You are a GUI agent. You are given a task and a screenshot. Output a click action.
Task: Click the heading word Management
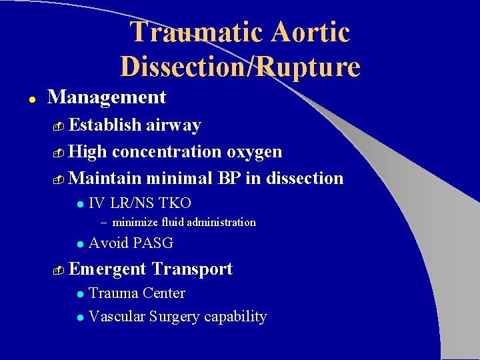[107, 97]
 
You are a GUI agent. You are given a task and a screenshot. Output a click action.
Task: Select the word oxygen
[254, 152]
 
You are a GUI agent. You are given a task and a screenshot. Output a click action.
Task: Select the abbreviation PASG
[153, 243]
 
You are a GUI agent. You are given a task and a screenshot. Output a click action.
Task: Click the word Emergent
[107, 269]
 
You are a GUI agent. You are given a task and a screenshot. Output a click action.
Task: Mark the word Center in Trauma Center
[163, 293]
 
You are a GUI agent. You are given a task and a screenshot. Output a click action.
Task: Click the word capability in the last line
[235, 317]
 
